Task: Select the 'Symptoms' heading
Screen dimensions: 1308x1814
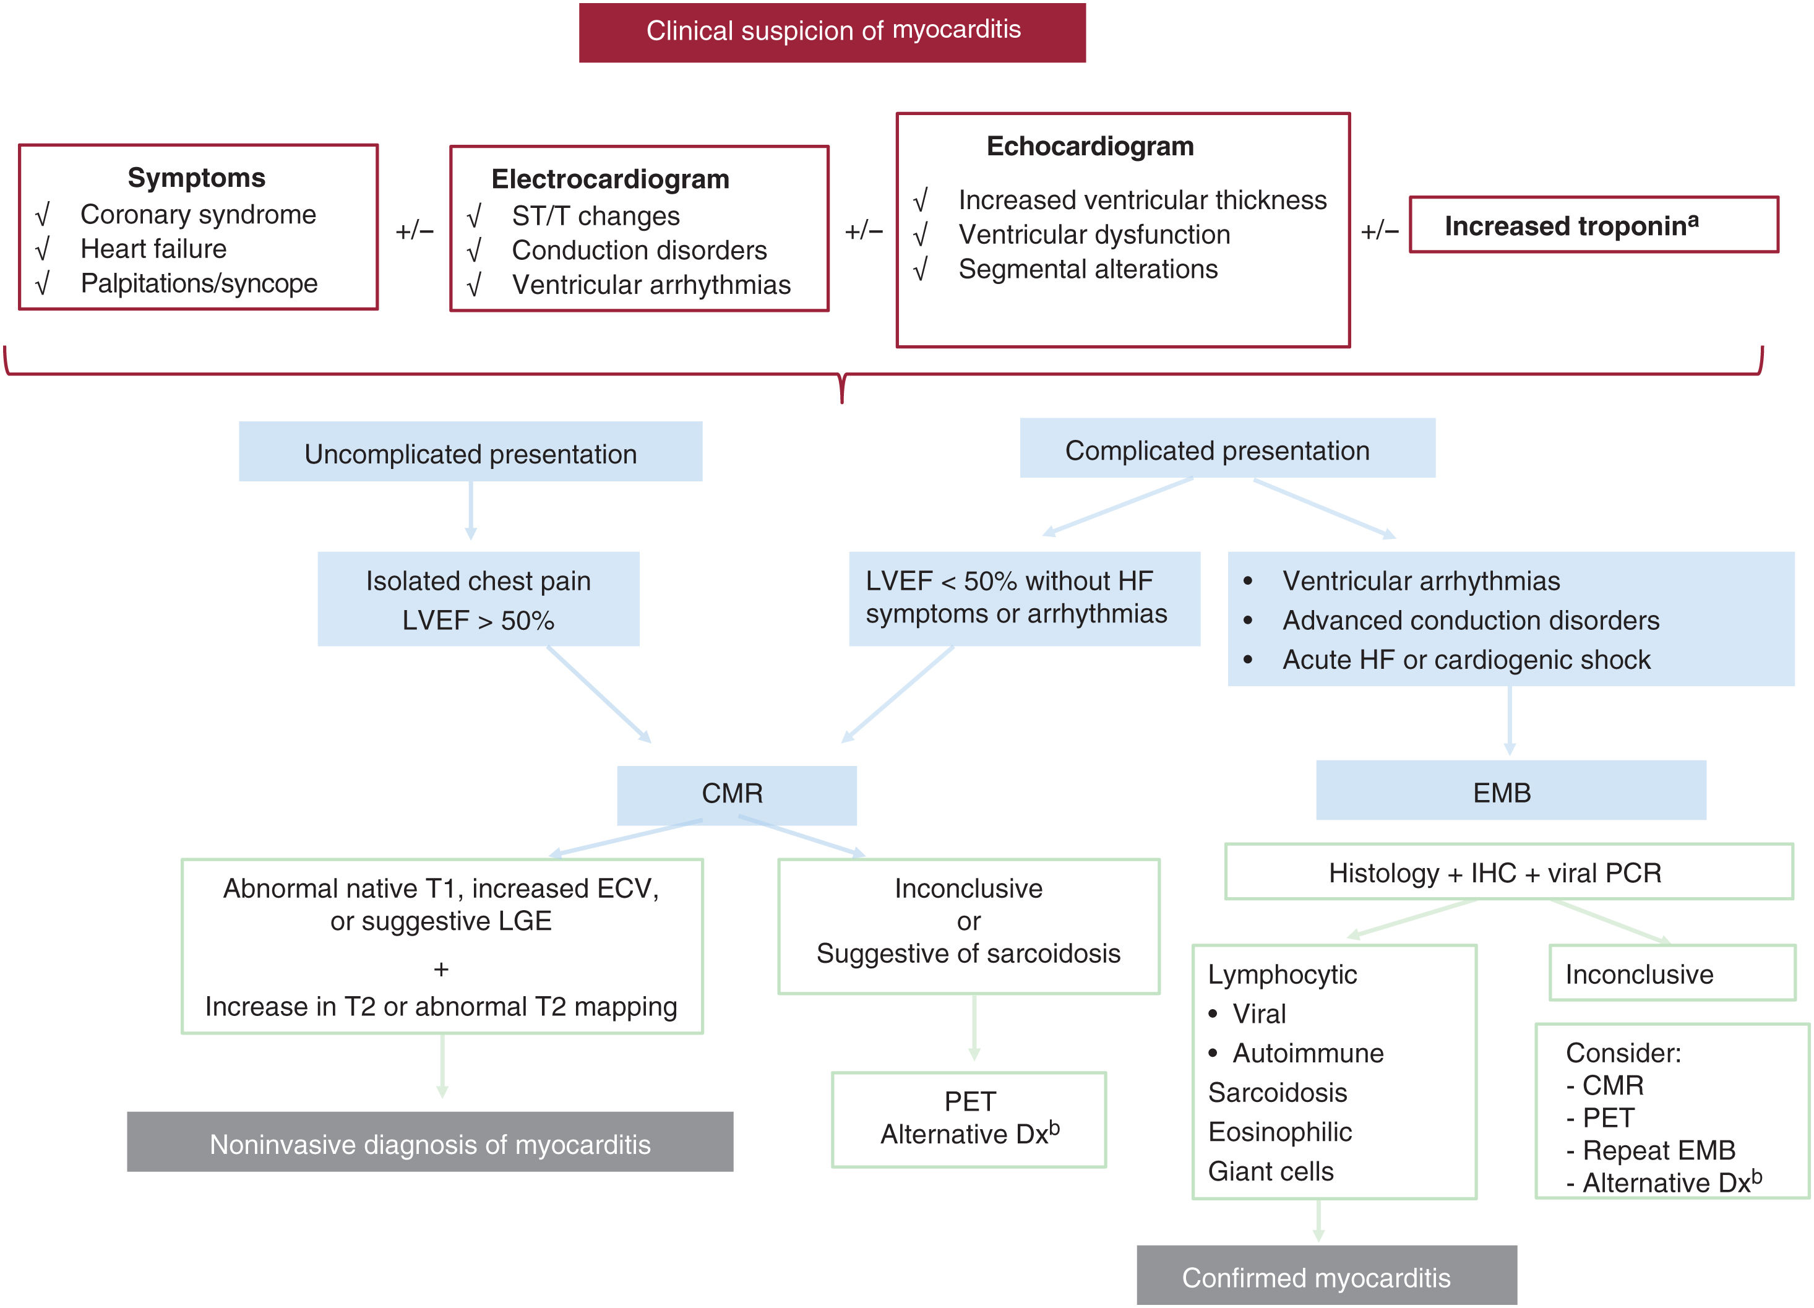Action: tap(196, 178)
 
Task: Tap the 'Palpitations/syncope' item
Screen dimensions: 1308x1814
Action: tap(199, 283)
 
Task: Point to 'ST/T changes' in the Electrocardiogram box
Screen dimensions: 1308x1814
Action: tap(595, 216)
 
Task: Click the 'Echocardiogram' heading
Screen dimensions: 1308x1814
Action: tap(1090, 147)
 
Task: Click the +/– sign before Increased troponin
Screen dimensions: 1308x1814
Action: tap(1380, 231)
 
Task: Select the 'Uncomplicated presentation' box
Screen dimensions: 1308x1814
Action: tap(470, 453)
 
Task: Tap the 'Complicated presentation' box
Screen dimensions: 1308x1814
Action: tap(1226, 450)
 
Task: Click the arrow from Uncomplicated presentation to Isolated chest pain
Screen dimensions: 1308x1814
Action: tap(470, 510)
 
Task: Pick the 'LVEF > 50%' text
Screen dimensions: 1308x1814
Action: tap(478, 621)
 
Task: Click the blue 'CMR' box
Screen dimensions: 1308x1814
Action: tap(736, 794)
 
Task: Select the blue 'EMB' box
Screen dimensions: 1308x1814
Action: tap(1510, 791)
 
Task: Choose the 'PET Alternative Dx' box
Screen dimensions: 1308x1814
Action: tap(969, 1119)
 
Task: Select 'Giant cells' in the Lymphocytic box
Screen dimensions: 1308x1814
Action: tap(1270, 1171)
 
